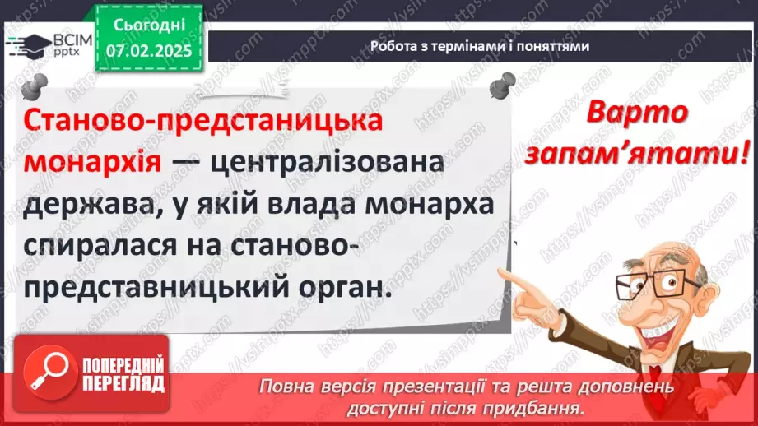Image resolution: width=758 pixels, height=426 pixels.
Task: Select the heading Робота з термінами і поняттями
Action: (x=480, y=46)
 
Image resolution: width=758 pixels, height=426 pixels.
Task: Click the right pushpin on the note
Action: (x=501, y=84)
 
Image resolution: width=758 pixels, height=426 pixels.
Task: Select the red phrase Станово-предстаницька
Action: (x=203, y=120)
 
